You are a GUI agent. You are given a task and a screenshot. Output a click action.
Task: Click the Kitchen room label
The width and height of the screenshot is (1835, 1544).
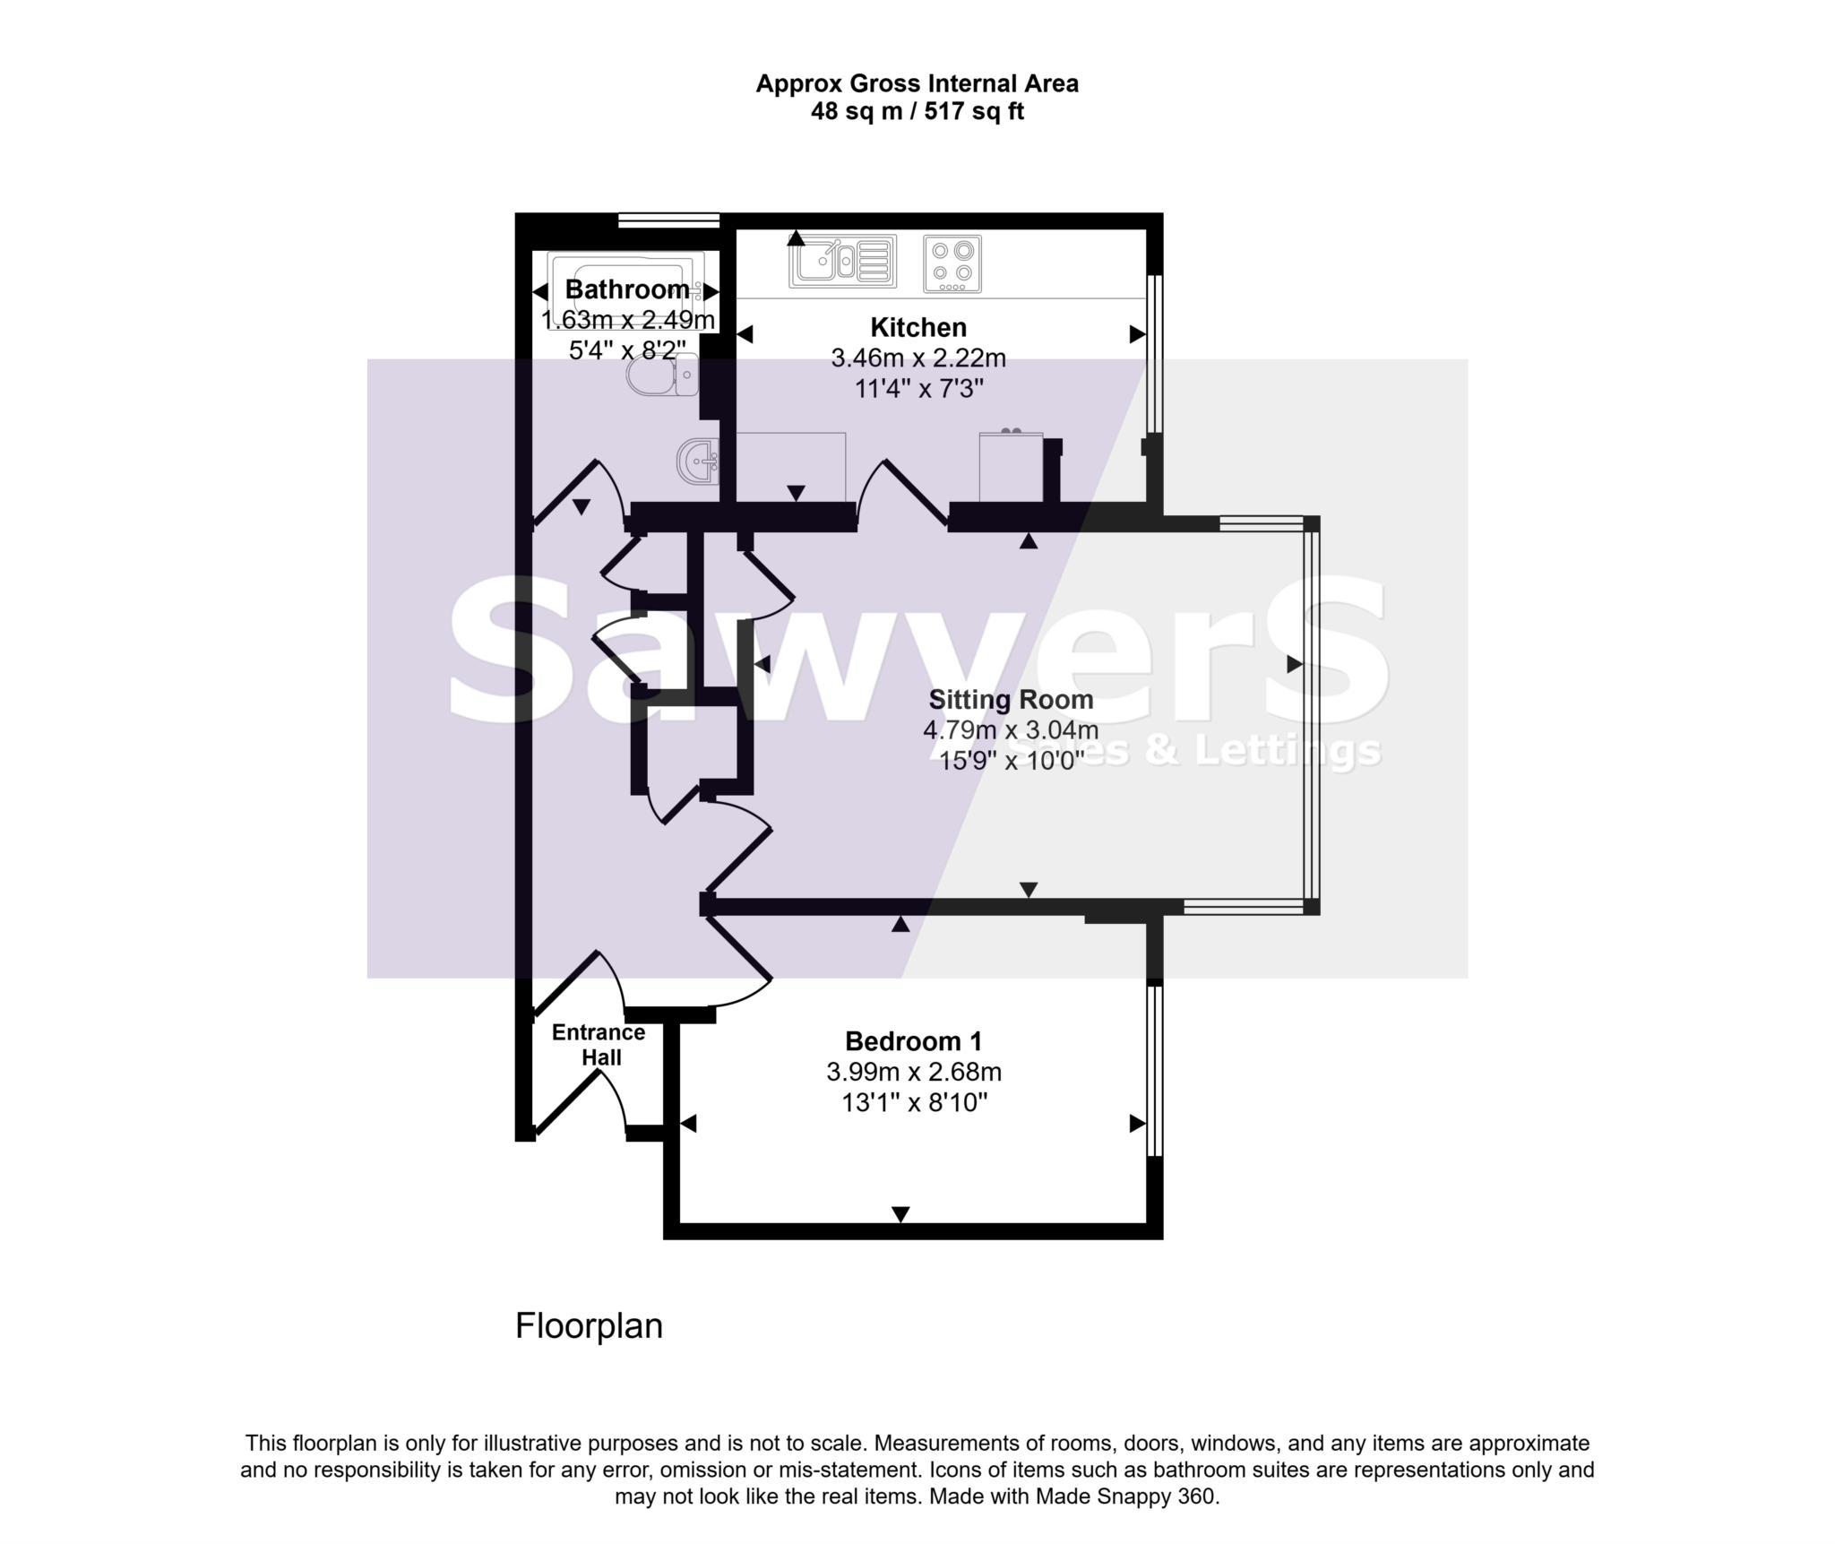pos(918,327)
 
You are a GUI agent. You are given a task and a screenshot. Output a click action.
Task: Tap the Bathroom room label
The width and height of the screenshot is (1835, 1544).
pos(627,289)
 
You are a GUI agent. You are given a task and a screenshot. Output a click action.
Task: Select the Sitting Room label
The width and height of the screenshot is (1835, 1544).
pos(1011,699)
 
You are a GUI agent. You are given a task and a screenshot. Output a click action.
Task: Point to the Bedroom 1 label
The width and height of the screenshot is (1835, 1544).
pos(913,1041)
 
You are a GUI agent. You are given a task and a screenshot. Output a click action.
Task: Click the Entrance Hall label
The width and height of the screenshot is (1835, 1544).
pos(599,1045)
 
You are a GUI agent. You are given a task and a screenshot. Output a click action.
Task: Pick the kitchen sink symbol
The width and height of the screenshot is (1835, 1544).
pos(842,261)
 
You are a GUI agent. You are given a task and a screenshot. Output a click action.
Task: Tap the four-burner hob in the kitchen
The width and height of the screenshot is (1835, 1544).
pos(952,263)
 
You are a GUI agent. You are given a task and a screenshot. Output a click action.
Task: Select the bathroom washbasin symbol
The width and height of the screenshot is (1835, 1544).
pos(698,462)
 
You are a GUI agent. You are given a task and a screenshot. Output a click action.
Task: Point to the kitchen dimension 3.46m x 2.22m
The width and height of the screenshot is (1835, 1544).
pos(918,358)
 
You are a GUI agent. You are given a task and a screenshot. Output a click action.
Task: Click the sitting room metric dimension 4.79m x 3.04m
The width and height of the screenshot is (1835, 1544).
pos(1011,730)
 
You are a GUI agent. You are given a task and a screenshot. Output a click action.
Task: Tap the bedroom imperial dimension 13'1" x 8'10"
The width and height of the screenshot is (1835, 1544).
pos(914,1102)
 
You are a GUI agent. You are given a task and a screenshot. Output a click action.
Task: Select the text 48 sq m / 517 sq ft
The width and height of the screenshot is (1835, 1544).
pos(917,112)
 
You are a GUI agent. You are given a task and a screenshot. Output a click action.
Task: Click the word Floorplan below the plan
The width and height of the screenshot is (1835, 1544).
pos(589,1326)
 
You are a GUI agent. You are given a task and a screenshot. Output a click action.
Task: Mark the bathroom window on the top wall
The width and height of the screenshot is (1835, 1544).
pos(668,220)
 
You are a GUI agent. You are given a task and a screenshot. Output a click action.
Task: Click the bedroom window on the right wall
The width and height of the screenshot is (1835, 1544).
pos(1155,1071)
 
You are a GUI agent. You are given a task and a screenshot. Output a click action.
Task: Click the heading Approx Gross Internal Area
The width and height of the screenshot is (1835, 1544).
pos(917,83)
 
